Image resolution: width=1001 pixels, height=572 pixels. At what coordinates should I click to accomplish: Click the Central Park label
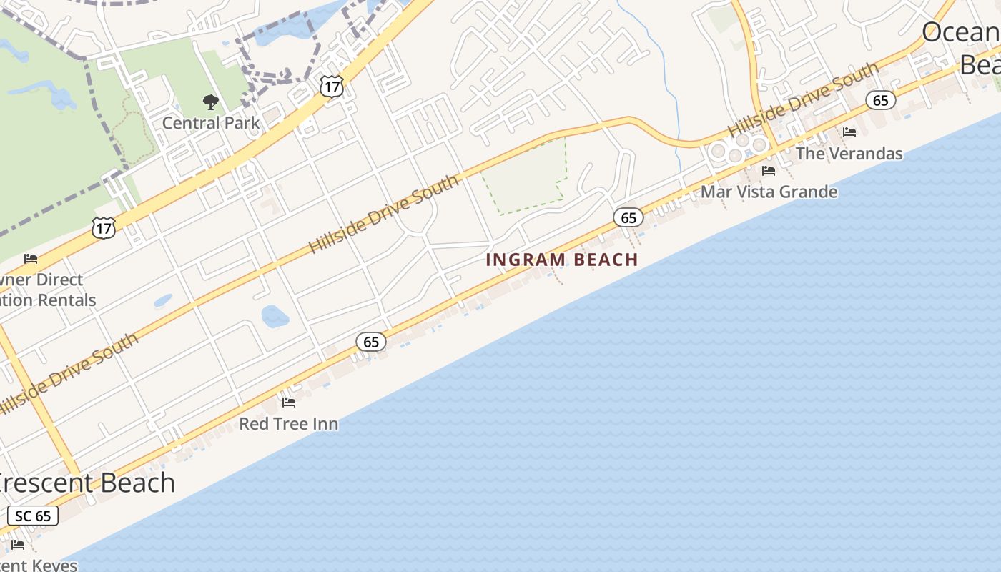211,123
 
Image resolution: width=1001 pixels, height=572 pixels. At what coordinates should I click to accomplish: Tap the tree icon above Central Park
210,102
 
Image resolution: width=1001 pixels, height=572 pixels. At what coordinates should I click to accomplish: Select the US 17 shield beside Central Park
332,87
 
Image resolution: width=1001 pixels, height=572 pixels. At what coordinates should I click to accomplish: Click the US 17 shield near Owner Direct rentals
104,228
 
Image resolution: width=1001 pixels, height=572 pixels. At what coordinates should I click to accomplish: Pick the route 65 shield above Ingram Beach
628,217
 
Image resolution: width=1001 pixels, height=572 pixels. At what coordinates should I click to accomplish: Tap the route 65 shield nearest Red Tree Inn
371,342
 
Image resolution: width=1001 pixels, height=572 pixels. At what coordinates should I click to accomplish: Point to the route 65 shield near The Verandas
881,100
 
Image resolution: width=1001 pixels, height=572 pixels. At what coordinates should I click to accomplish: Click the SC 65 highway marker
33,516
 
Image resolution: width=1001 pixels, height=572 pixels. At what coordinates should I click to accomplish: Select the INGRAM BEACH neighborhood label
562,260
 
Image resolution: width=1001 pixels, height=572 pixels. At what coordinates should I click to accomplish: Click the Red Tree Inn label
289,424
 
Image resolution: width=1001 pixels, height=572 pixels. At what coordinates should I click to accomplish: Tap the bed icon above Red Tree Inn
289,403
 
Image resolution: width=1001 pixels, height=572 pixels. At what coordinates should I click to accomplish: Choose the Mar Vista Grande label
769,192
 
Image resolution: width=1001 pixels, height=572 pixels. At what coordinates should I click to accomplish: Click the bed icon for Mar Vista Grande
769,171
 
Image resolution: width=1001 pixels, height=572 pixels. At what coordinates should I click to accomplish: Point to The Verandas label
849,153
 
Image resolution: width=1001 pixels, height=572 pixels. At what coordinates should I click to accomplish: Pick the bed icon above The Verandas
849,132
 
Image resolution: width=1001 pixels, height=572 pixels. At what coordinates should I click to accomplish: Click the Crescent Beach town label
86,483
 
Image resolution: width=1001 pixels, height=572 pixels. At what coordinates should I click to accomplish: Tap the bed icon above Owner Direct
30,258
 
